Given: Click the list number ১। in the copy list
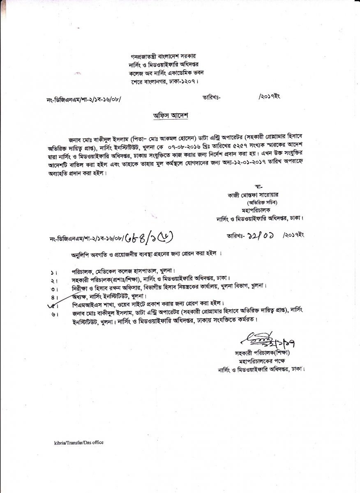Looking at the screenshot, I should pyautogui.click(x=54, y=272).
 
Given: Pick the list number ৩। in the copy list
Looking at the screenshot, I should pyautogui.click(x=54, y=289).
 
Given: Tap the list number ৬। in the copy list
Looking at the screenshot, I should pyautogui.click(x=54, y=313).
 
